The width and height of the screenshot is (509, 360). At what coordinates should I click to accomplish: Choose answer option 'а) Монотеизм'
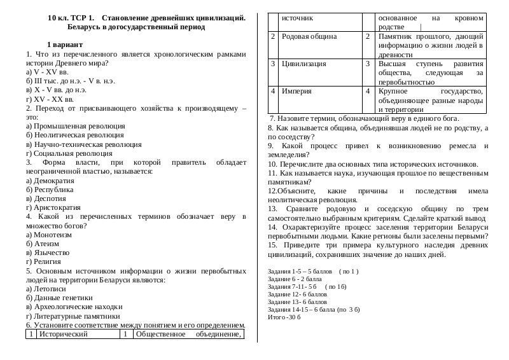point(49,235)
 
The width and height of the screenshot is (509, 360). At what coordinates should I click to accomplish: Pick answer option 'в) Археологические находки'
point(74,307)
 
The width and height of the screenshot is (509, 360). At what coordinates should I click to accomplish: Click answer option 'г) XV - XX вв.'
point(50,99)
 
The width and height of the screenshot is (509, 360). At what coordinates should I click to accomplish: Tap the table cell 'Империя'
point(296,91)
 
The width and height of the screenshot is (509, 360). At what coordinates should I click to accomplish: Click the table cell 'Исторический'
point(63,333)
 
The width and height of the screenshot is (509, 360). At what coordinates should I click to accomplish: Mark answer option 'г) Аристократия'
point(53,208)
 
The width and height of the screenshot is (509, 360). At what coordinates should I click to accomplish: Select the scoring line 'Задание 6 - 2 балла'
point(295,279)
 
